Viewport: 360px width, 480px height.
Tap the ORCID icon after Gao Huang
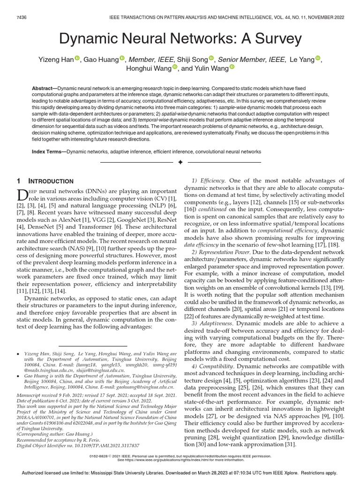[x=122, y=58]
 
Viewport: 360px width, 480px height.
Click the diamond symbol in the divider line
[x=180, y=162]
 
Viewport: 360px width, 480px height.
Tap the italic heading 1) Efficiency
[x=209, y=180]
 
